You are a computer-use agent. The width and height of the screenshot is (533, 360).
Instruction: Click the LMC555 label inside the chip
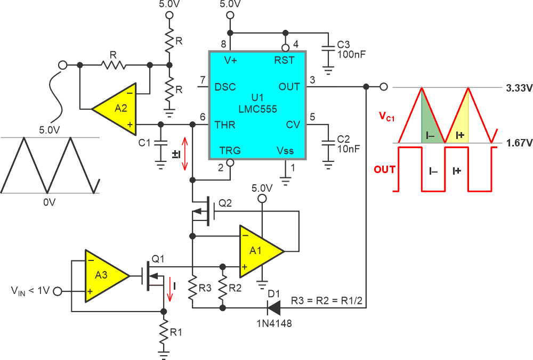coord(257,109)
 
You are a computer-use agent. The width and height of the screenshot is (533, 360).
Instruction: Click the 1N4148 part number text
coord(274,323)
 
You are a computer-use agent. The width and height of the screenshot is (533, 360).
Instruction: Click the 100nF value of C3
coord(351,54)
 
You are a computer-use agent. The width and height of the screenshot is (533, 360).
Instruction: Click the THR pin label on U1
coord(225,126)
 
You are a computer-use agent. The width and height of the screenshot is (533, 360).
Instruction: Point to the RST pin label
coord(284,60)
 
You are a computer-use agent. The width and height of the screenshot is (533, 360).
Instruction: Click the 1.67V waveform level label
coord(516,143)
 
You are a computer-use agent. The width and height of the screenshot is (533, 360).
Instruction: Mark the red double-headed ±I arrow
coord(184,153)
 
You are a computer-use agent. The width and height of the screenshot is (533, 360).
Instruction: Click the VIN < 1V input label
coord(30,291)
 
